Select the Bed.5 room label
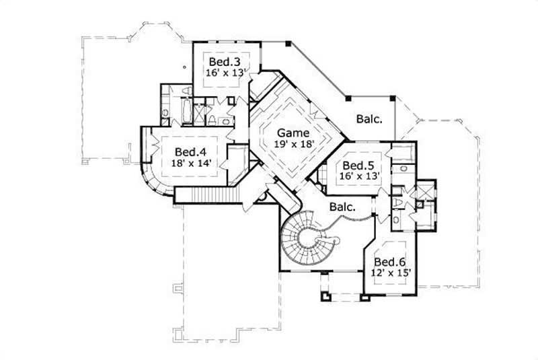358,166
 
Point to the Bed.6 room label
389,262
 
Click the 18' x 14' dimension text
189,163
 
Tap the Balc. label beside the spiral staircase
342,208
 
